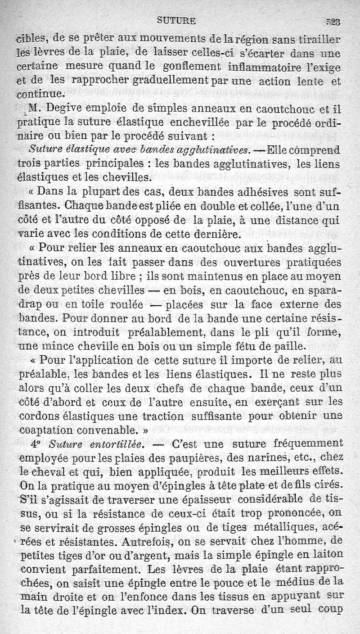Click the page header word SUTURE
click(176, 20)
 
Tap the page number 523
click(333, 21)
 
